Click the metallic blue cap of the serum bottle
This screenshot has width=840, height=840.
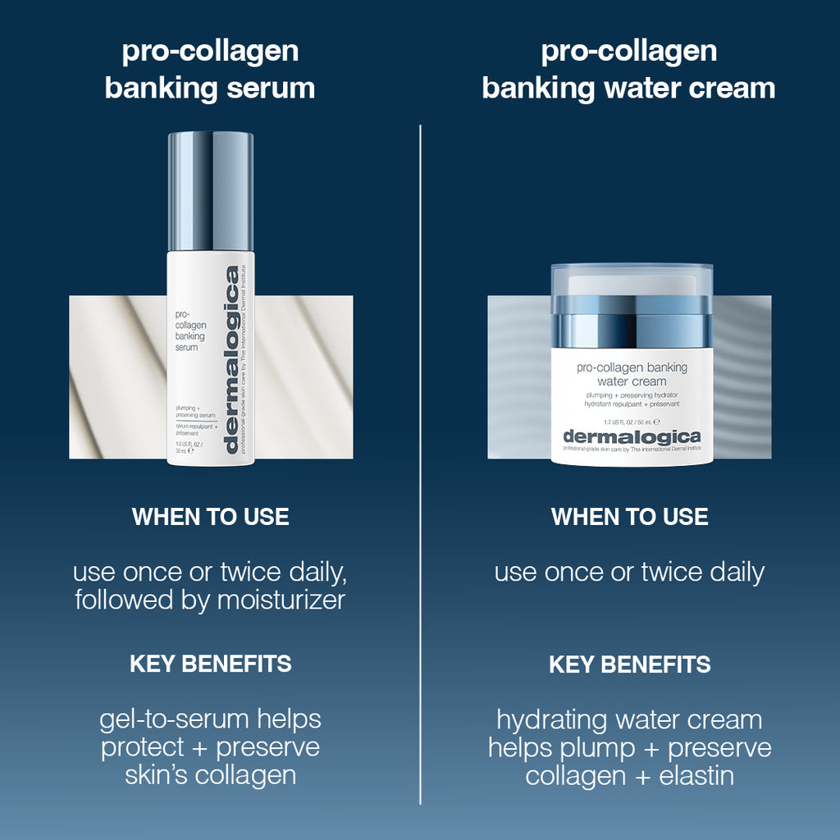click(211, 190)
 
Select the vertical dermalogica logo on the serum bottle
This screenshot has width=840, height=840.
click(232, 361)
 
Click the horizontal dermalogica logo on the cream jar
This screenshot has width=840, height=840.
click(632, 436)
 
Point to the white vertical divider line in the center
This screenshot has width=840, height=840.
click(420, 459)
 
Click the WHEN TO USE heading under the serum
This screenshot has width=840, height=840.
click(210, 517)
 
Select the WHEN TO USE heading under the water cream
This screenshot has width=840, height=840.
click(629, 517)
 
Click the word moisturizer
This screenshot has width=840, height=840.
click(281, 600)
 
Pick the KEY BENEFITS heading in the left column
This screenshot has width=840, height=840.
click(210, 664)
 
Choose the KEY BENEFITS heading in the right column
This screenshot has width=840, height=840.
click(629, 664)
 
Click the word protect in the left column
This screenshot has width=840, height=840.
click(143, 748)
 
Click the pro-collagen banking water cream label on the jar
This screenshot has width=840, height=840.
click(632, 374)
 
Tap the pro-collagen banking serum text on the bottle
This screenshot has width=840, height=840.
click(191, 330)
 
